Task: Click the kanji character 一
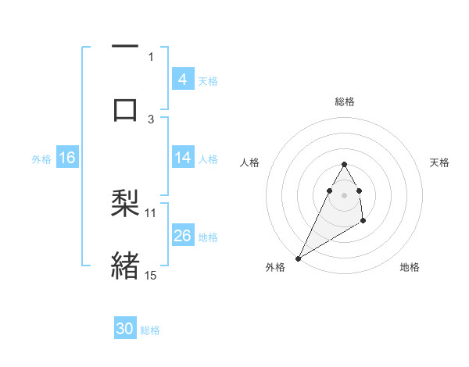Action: click(x=125, y=48)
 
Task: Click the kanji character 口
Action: click(x=125, y=109)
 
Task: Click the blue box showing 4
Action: click(x=182, y=80)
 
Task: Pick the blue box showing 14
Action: click(x=182, y=158)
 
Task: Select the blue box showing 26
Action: click(x=182, y=236)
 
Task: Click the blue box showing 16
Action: click(x=67, y=158)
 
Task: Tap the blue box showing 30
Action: click(x=125, y=329)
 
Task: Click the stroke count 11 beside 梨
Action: click(x=151, y=212)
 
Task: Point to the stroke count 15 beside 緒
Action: click(x=151, y=275)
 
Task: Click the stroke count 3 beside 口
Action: click(x=151, y=119)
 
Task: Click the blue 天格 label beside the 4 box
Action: click(x=208, y=80)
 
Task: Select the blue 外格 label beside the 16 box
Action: click(x=41, y=159)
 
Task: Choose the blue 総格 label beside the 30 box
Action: click(x=150, y=330)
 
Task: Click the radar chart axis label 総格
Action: click(x=344, y=102)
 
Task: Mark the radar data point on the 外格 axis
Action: click(x=298, y=258)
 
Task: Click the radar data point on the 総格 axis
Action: click(x=344, y=164)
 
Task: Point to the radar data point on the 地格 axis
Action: click(x=363, y=222)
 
